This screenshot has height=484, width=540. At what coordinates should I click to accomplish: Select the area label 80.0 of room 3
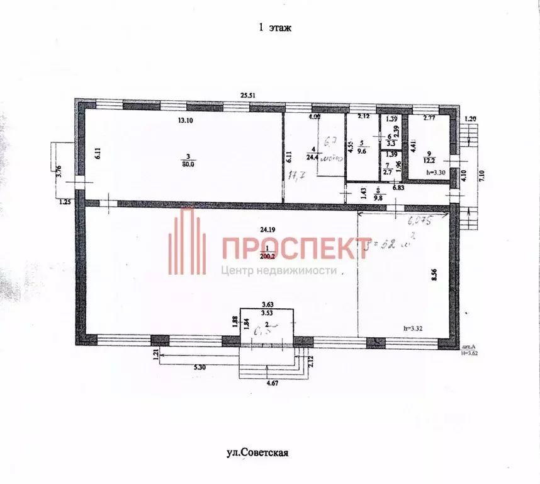coord(188,163)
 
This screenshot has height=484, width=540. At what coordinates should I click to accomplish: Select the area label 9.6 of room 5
coord(362,152)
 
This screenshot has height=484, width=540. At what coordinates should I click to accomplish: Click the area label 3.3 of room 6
coord(390,144)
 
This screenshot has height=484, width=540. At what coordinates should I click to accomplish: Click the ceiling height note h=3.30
coord(436,172)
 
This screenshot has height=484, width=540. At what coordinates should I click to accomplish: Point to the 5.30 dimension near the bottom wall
coord(201,367)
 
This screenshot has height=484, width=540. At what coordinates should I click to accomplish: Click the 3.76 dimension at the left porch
coord(58,170)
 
